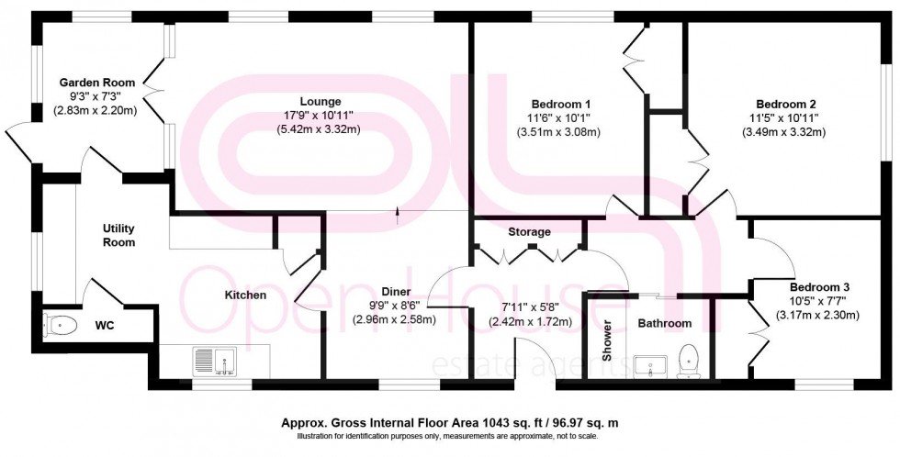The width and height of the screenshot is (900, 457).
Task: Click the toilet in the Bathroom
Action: tap(687, 360)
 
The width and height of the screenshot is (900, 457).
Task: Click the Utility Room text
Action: tap(119, 235)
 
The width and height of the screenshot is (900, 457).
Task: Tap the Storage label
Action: tap(529, 232)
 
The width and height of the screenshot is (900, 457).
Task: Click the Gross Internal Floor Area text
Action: tap(450, 423)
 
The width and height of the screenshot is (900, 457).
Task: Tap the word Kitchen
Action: tap(246, 295)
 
